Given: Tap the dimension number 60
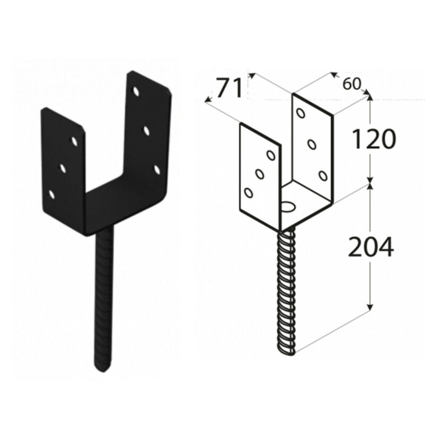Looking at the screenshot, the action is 352,84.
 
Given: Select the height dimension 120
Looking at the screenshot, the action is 373,139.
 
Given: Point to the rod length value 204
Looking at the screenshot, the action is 370,246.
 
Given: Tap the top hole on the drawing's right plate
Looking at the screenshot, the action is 301,113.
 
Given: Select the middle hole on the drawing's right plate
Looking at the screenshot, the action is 312,144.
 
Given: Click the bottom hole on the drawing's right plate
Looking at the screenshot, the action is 323,176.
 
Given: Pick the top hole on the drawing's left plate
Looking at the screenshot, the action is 271,155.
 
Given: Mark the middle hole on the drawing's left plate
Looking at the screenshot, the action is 260,174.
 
